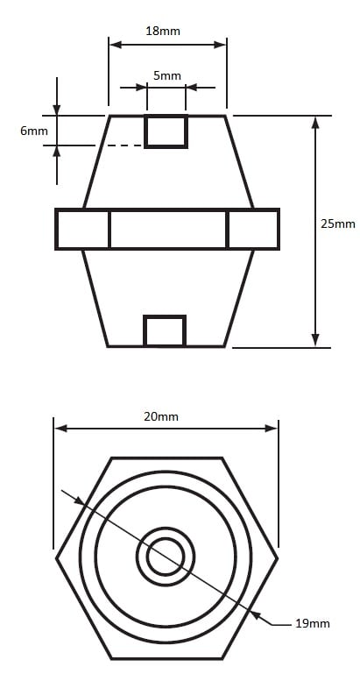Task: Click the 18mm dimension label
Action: click(162, 31)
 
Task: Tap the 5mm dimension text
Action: click(167, 75)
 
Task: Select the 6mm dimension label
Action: click(34, 131)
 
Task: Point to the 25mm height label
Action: click(337, 224)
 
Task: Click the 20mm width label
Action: click(161, 416)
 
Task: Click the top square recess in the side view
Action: click(166, 131)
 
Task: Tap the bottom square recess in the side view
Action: click(165, 331)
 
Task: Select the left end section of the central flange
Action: click(82, 229)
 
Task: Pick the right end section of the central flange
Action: click(253, 229)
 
